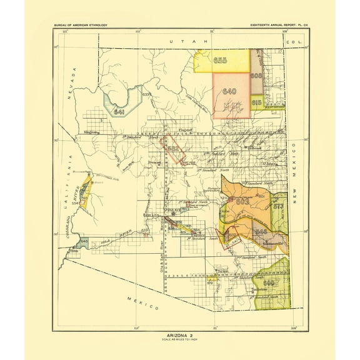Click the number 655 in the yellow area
(x=219, y=61)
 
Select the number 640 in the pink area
(x=229, y=91)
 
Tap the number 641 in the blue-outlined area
(x=119, y=111)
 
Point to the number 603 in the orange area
(x=242, y=202)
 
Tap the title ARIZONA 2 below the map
(x=179, y=336)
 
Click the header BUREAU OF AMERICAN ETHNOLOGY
(x=82, y=24)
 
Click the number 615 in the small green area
(x=256, y=102)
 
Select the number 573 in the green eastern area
(x=279, y=206)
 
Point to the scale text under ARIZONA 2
(x=179, y=341)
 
